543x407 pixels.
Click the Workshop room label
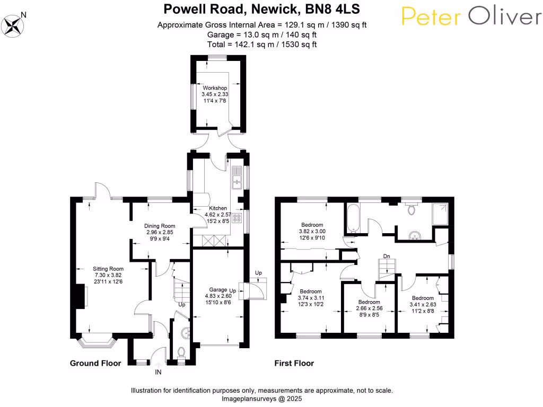[215, 88]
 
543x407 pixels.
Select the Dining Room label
[160, 226]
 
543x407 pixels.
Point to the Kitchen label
[218, 208]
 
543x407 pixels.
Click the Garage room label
[217, 290]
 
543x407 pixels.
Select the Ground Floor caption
[95, 363]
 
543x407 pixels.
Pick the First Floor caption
[294, 363]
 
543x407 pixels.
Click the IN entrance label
[158, 372]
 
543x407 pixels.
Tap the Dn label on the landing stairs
[387, 256]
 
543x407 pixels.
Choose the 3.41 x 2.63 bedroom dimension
[423, 304]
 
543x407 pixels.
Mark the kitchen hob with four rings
[237, 217]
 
